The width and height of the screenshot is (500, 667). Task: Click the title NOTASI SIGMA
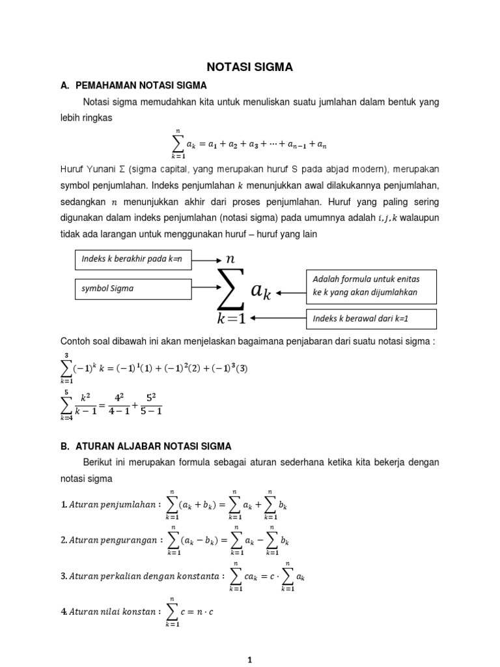[x=250, y=66]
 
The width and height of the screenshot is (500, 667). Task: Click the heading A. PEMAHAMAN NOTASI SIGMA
[x=141, y=85]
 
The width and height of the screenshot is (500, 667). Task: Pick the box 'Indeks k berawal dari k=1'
[x=372, y=319]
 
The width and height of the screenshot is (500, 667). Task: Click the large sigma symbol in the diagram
[x=230, y=290]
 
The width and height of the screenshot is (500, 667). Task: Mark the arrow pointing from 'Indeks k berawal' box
[x=277, y=319]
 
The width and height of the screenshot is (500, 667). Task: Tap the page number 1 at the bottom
[x=250, y=660]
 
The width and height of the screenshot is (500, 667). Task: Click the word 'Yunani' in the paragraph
[x=102, y=169]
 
